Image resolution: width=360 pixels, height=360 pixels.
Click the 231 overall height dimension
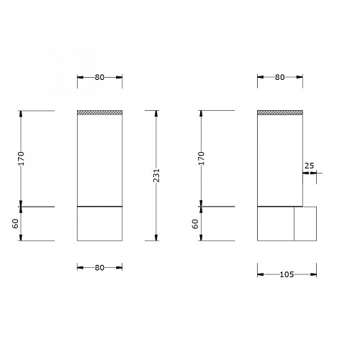[156, 176]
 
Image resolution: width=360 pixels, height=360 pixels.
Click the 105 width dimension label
[287, 274]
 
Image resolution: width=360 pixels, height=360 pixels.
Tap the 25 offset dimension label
[309, 166]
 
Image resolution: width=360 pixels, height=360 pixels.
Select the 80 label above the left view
[99, 77]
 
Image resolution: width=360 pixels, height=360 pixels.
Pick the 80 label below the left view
[99, 267]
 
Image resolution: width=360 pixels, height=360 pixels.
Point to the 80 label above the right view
[280, 77]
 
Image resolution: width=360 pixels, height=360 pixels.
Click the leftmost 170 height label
[21, 158]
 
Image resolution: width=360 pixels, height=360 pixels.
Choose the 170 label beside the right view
[202, 158]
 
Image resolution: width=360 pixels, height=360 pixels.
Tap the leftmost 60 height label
[15, 224]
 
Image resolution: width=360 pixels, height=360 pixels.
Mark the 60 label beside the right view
[196, 224]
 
